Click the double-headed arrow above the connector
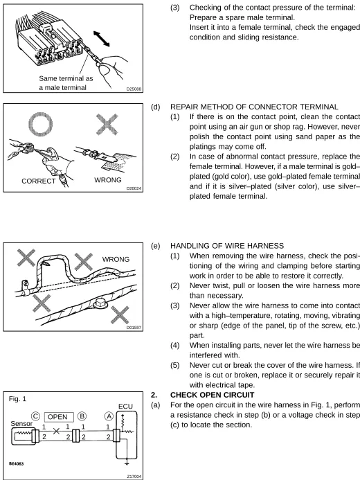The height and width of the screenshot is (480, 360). (102, 39)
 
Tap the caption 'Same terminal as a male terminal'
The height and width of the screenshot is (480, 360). (66, 83)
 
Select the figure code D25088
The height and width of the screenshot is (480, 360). (134, 89)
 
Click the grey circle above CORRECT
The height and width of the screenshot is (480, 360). (40, 124)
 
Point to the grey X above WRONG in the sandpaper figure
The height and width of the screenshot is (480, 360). (107, 124)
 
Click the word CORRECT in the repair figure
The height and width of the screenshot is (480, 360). (39, 181)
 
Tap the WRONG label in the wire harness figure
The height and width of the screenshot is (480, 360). (116, 259)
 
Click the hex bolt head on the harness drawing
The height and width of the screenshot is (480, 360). (100, 303)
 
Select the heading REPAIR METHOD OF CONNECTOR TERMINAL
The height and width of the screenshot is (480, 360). (254, 107)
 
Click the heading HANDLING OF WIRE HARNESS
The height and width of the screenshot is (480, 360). (227, 246)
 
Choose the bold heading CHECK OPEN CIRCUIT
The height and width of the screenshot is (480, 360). (213, 395)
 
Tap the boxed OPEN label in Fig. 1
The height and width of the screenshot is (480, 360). (59, 417)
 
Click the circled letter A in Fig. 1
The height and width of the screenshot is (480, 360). (109, 416)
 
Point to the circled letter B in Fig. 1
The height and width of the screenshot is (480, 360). (82, 416)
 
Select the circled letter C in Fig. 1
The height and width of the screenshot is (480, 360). (35, 416)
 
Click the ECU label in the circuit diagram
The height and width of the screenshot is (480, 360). (125, 407)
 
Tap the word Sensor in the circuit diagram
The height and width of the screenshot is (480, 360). (21, 424)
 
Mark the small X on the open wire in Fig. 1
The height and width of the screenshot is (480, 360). (56, 431)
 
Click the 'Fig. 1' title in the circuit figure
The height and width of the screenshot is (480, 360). (17, 399)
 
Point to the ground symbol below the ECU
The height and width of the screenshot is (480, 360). (127, 463)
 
